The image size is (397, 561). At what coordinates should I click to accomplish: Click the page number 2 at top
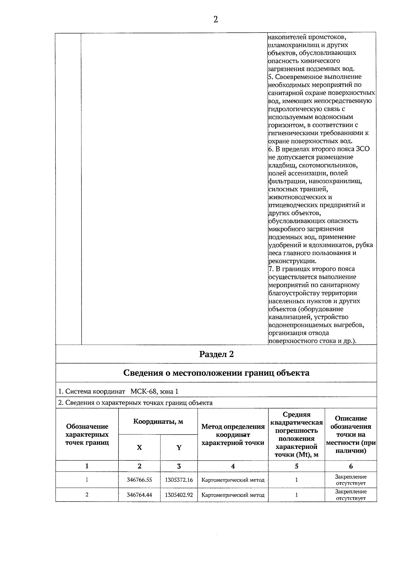tap(216, 20)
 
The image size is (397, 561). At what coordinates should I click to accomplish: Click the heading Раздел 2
tap(216, 354)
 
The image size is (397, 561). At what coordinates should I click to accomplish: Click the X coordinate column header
tap(139, 448)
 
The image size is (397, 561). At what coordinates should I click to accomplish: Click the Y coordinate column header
tap(179, 448)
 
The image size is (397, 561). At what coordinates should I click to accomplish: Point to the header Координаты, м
tap(158, 421)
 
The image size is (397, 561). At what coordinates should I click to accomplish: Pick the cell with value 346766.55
tap(139, 480)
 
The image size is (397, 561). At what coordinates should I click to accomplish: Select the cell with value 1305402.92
tap(179, 495)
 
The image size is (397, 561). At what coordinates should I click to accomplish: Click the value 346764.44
tap(139, 495)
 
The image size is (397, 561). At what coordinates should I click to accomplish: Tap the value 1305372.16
tap(179, 480)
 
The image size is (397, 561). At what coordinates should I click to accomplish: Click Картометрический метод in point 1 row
tap(233, 480)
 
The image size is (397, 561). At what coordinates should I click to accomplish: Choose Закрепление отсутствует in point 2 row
tap(351, 495)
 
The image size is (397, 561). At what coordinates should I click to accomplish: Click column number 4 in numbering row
tap(233, 466)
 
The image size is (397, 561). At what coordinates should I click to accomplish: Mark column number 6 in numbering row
tap(351, 466)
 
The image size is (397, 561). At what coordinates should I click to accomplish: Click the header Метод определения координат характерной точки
tap(233, 435)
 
